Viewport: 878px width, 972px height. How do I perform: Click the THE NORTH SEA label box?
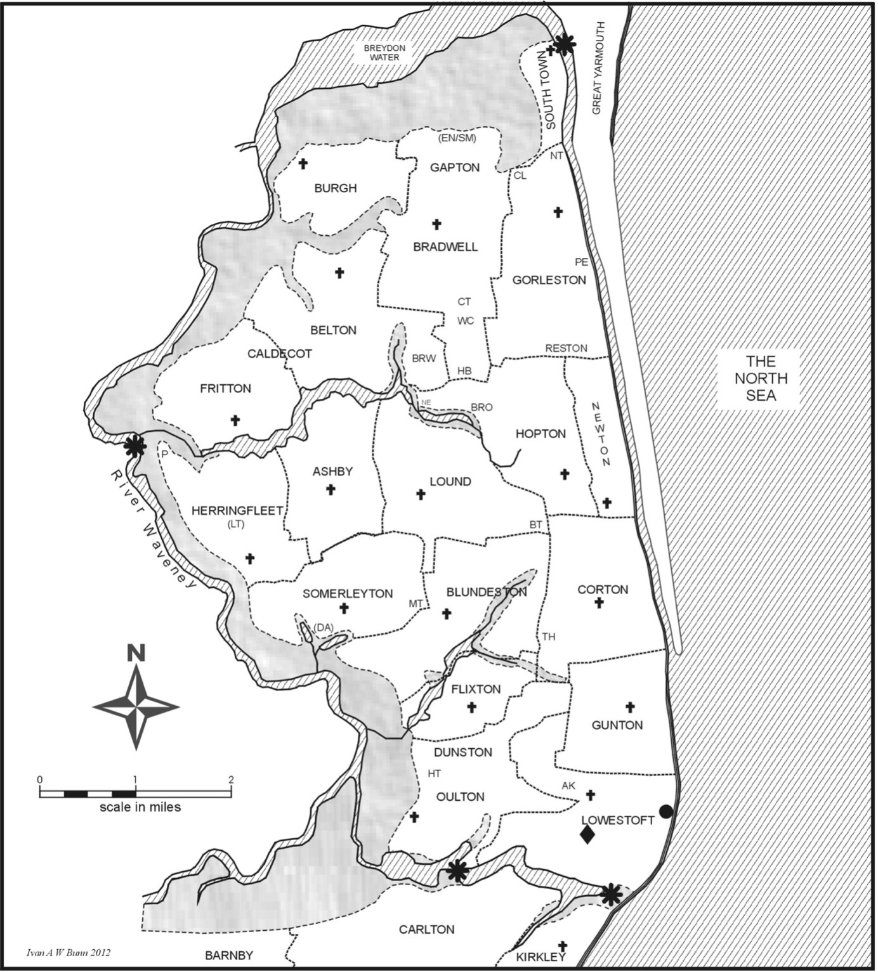coord(761,379)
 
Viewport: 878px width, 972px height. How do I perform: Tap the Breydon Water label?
coord(384,53)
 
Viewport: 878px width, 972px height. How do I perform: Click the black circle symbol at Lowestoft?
coord(665,811)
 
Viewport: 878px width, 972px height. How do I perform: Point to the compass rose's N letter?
coord(136,653)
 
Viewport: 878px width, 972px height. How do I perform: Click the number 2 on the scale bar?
coord(231,780)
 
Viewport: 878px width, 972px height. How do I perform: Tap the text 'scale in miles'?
coord(140,807)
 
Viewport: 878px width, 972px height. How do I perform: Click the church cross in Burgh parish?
coord(303,164)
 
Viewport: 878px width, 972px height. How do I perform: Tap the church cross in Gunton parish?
coord(630,707)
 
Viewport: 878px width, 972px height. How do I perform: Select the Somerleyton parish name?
coord(347,593)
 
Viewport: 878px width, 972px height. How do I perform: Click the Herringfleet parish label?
coord(237,510)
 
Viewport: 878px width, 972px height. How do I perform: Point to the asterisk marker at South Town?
coord(565,44)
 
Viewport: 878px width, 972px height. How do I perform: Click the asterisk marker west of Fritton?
coord(134,446)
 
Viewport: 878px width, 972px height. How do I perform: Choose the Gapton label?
coord(454,167)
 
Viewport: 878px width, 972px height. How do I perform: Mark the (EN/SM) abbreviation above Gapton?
coord(457,138)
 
